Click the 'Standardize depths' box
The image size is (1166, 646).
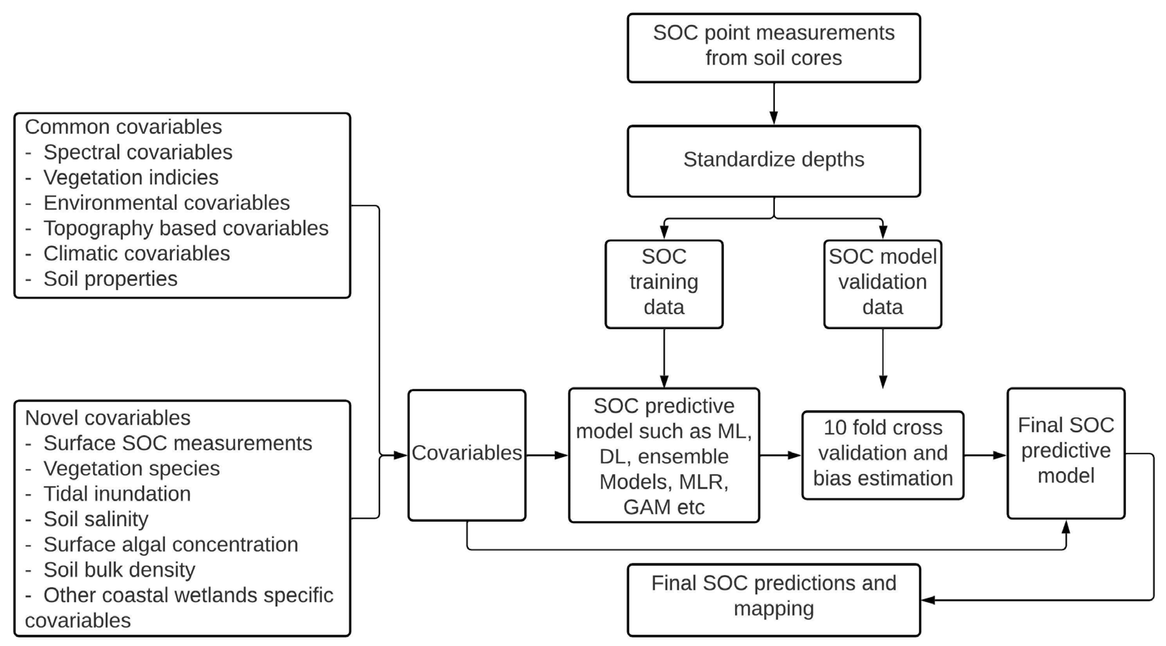click(x=773, y=161)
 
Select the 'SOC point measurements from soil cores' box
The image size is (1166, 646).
click(x=773, y=47)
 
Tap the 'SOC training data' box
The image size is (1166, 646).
click(x=663, y=284)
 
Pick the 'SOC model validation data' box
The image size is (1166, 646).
click(x=882, y=284)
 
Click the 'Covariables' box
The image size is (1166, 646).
click(x=467, y=455)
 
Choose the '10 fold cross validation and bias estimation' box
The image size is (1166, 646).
click(x=882, y=455)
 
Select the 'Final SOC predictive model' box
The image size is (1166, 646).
click(x=1065, y=453)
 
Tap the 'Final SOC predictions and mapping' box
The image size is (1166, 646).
click(x=773, y=599)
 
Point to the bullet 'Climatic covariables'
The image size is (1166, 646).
click(x=136, y=254)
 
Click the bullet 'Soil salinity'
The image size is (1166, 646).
click(x=96, y=519)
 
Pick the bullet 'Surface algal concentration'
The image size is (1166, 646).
click(x=170, y=544)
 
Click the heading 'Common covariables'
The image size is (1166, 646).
click(x=123, y=127)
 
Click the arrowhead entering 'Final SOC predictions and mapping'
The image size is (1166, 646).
click(x=928, y=600)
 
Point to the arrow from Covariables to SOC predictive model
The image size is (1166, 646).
click(x=547, y=455)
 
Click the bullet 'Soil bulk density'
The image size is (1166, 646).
click(x=119, y=570)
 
